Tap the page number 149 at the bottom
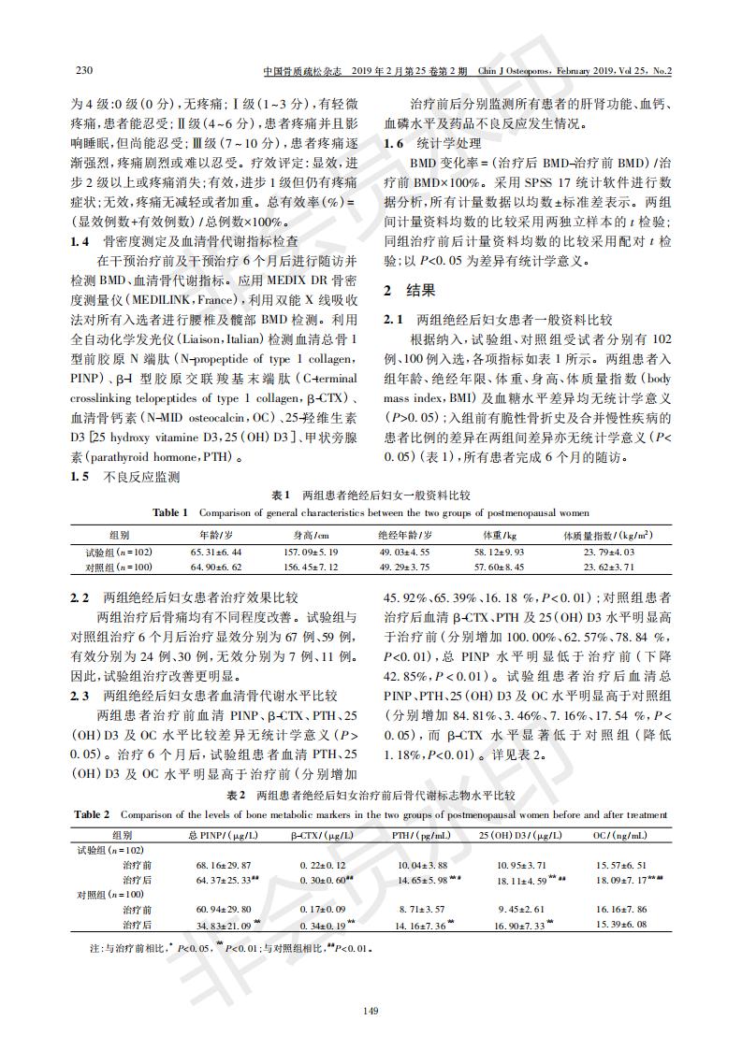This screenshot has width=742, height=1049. (x=371, y=1010)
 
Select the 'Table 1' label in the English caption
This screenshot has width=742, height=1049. (x=171, y=512)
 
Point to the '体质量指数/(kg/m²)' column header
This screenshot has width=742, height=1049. (x=607, y=535)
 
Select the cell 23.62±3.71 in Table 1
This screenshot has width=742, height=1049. (x=609, y=567)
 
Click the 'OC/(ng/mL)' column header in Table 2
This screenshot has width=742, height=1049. (x=617, y=834)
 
